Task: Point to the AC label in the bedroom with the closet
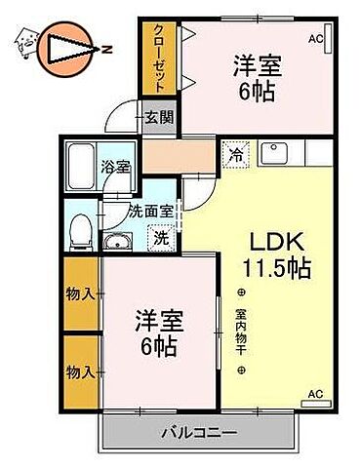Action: (315, 39)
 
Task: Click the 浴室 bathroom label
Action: (115, 167)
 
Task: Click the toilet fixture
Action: (80, 229)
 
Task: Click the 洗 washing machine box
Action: (158, 236)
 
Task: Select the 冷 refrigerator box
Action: (235, 152)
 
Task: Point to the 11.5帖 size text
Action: (278, 268)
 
